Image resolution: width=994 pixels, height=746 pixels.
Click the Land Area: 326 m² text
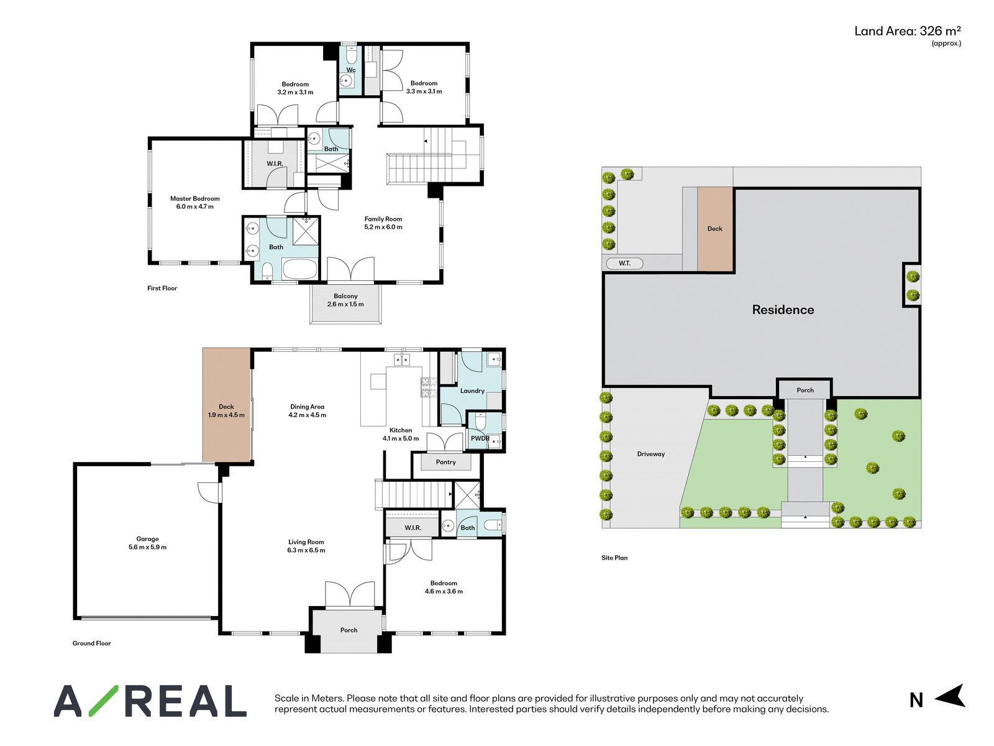coord(907,31)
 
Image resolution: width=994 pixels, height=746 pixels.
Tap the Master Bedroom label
coord(194,198)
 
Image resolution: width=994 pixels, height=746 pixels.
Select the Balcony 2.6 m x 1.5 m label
coord(345,300)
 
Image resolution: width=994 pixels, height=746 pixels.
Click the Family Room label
coord(383,219)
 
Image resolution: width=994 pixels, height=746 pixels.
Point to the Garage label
coord(147,539)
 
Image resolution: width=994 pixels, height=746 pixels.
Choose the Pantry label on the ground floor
coord(445,462)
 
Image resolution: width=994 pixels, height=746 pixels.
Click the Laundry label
coord(472,390)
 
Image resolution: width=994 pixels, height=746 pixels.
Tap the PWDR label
coord(480,438)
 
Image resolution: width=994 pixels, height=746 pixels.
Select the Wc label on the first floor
coord(351,70)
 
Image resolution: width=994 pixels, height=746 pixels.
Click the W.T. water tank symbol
coord(624,263)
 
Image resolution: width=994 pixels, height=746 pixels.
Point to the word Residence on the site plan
coord(783,310)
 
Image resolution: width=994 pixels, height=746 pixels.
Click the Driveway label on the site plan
coord(650,454)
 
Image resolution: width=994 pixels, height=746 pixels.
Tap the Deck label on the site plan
coord(714,229)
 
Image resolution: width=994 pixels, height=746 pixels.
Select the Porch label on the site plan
coord(805,390)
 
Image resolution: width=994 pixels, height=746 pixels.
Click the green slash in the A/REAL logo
coord(103,701)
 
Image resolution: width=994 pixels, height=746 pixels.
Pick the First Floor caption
coord(162,288)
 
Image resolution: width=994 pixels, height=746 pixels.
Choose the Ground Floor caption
coord(91,643)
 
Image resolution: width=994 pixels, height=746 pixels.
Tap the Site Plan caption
coord(614,558)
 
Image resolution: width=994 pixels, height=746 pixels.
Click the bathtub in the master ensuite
coord(300,269)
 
